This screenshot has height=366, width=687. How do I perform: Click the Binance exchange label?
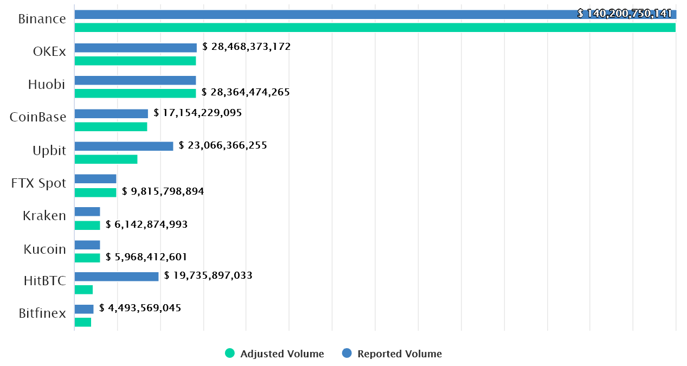click(x=42, y=19)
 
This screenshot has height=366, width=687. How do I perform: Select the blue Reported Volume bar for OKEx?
click(x=136, y=48)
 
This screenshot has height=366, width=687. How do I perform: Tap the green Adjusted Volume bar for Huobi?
click(x=135, y=93)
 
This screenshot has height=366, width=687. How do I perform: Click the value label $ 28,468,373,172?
click(x=247, y=47)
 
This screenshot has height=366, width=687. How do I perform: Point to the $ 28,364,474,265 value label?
click(x=246, y=92)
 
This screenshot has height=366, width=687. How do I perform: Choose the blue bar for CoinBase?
click(x=111, y=113)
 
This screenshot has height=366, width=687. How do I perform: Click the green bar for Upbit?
click(x=106, y=159)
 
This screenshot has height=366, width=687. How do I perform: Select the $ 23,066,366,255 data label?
click(x=223, y=145)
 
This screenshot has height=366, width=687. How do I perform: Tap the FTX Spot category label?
click(x=38, y=183)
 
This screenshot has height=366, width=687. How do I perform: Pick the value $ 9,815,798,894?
click(x=163, y=191)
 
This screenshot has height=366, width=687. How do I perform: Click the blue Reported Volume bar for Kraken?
click(x=87, y=211)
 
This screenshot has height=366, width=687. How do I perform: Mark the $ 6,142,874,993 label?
click(x=147, y=224)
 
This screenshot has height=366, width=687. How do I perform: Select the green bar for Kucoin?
click(x=87, y=258)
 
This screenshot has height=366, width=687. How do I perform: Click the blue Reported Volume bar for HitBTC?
click(x=117, y=277)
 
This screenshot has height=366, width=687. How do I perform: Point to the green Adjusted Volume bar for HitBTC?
click(x=84, y=290)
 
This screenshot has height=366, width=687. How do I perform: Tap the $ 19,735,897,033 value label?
click(x=208, y=275)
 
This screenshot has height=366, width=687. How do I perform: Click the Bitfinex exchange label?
click(x=42, y=313)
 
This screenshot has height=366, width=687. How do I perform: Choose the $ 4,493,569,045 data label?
click(x=140, y=308)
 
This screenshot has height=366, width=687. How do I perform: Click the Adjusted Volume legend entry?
click(x=275, y=354)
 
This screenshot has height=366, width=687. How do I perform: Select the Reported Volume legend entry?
click(x=393, y=354)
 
